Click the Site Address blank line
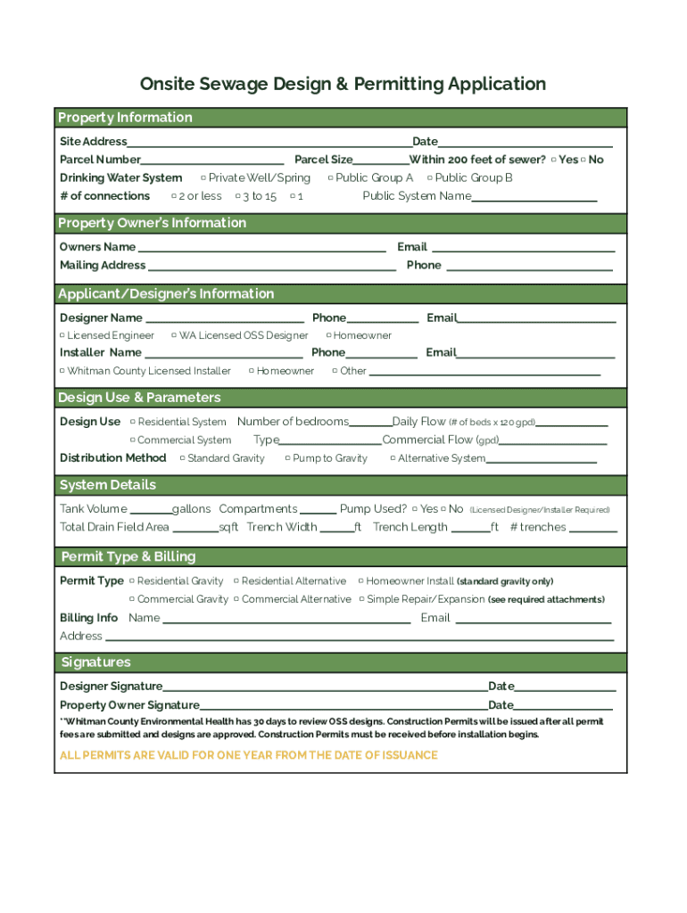coord(268,144)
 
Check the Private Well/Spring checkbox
coord(203,178)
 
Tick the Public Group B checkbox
coord(429,178)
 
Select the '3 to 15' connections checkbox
coord(237,196)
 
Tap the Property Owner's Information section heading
coord(153,223)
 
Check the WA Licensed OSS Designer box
coord(174,336)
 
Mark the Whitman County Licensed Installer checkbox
coord(62,371)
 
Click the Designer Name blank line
coord(224,320)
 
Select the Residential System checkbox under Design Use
coord(132,422)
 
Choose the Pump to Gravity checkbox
coord(287,458)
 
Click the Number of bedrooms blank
coord(369,424)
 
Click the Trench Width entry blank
coord(335,530)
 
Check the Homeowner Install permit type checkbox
coord(360,581)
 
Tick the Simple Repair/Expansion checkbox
coord(361,600)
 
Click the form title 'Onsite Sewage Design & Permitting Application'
coord(343,85)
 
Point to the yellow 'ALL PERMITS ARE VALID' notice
coord(249,755)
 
